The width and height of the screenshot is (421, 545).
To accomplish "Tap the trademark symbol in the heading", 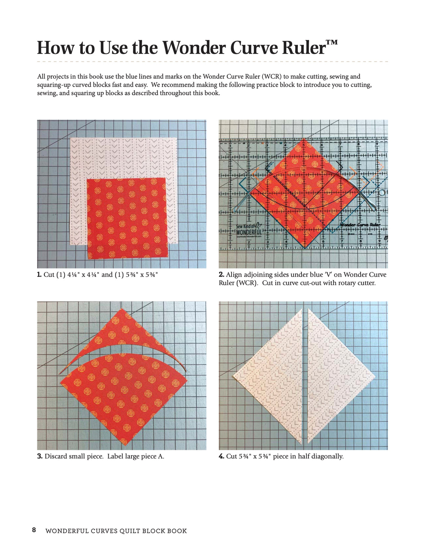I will point(332,43).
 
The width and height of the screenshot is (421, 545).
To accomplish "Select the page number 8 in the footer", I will point(34,530).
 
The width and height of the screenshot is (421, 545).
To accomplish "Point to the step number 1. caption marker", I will point(39,275).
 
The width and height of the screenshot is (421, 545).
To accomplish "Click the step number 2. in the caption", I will point(221,275).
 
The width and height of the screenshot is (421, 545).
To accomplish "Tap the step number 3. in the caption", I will point(40,456).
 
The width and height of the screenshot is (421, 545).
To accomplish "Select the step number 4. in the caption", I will point(221,456).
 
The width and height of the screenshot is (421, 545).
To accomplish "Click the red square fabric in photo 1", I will point(126,218).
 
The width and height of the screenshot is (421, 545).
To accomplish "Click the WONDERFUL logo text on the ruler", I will point(249,232).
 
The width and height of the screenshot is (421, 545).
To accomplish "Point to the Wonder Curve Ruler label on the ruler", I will point(360,225).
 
